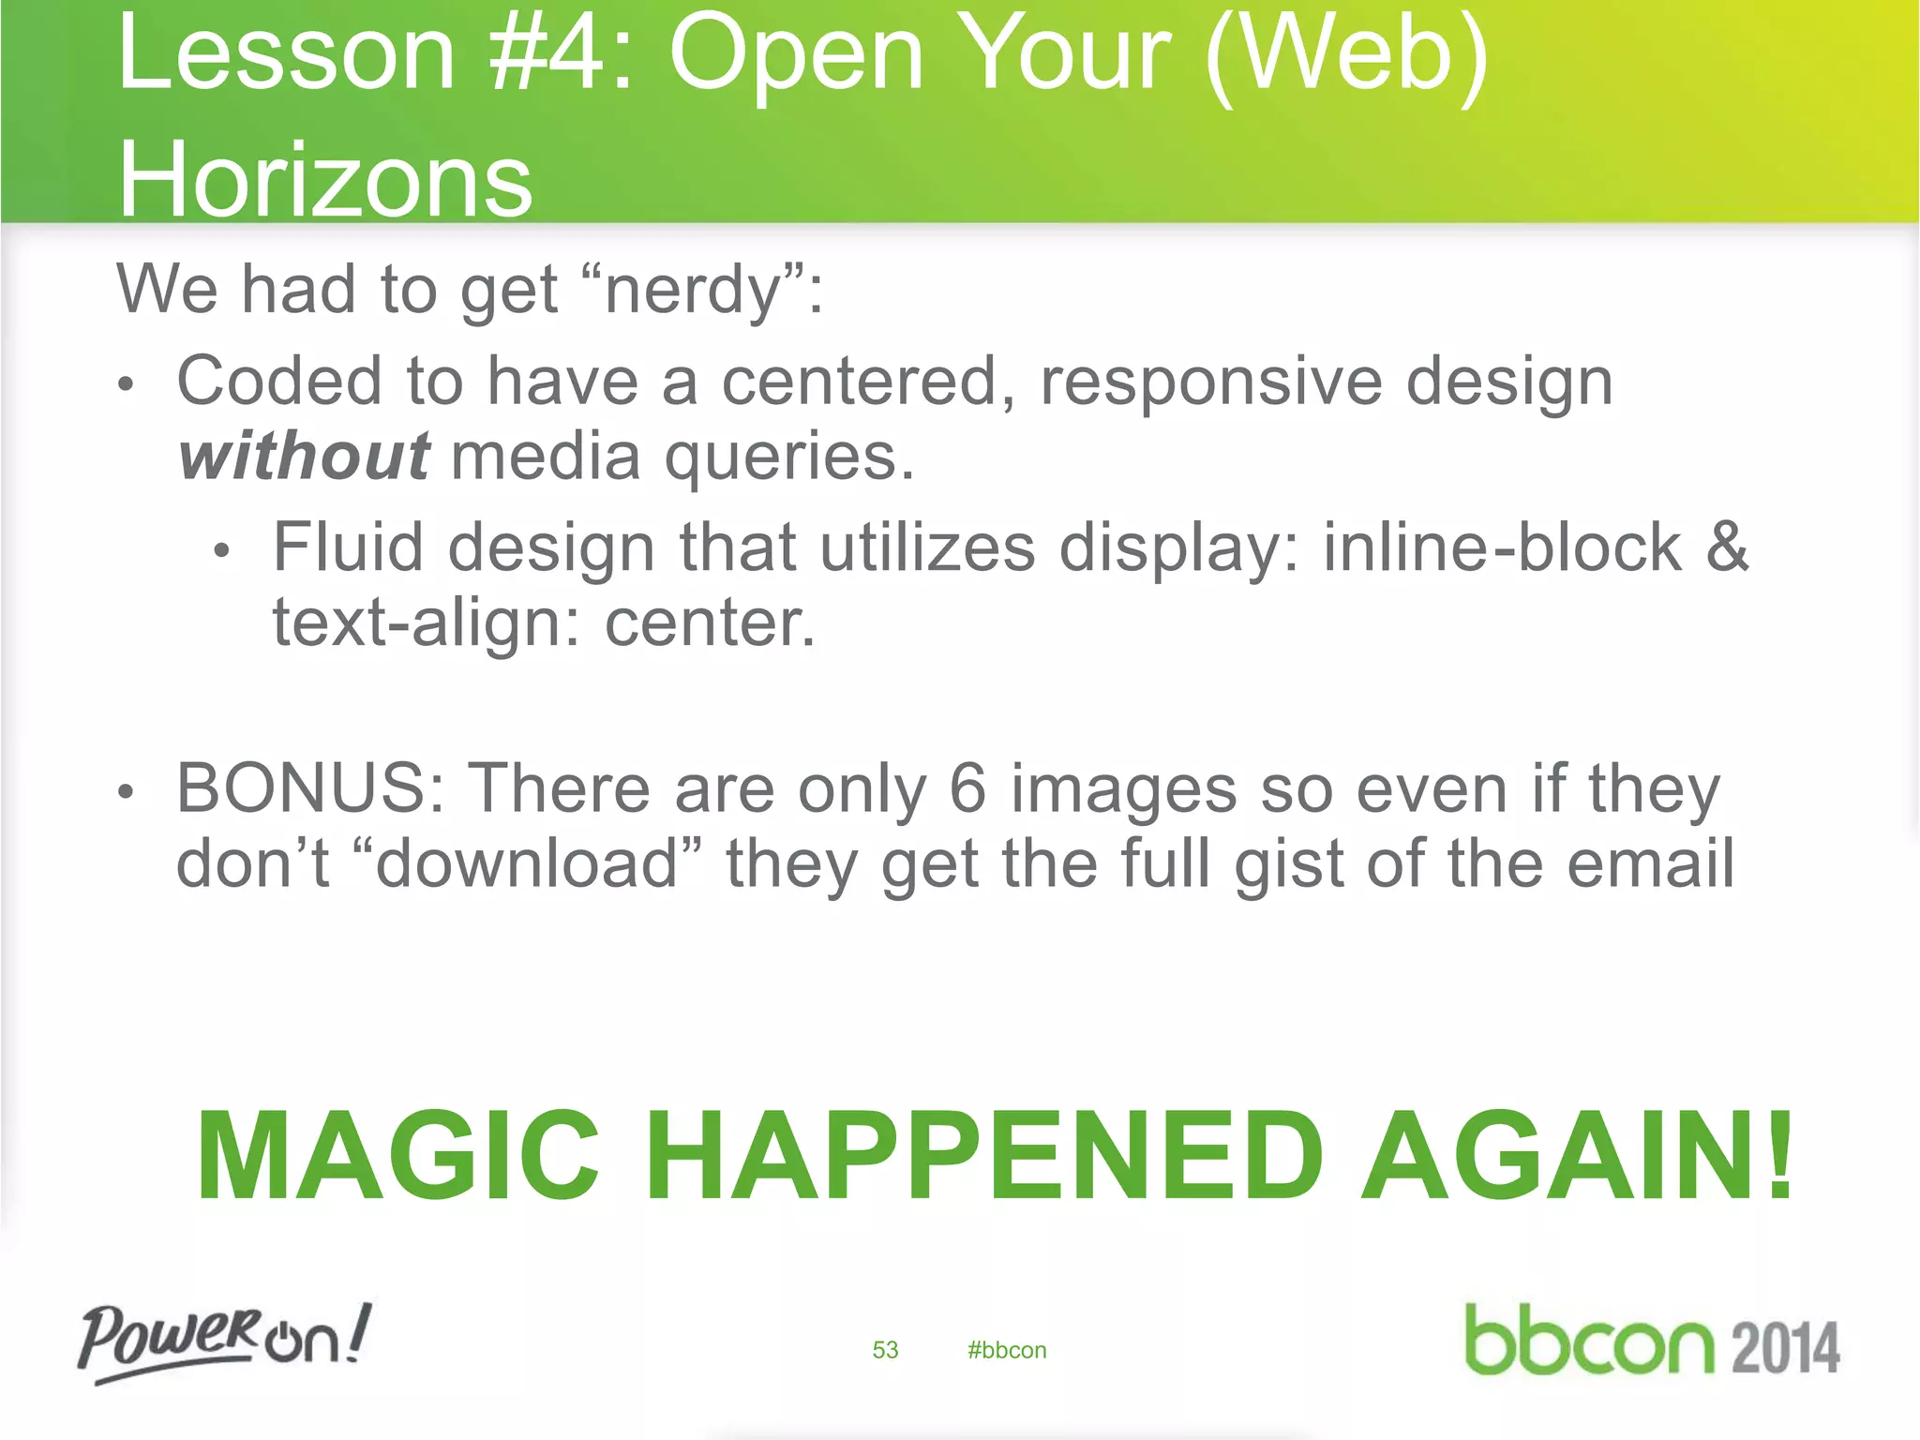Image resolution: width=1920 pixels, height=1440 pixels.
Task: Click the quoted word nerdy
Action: (694, 290)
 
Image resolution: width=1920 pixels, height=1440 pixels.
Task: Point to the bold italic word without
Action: (304, 457)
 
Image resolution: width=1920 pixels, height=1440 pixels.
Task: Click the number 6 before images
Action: (967, 788)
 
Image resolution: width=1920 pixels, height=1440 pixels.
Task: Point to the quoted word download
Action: (528, 863)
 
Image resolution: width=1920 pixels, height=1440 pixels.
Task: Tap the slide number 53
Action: (885, 1350)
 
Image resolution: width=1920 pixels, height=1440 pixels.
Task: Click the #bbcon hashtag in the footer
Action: (1007, 1350)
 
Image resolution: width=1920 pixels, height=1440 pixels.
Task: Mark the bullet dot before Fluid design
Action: (221, 552)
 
